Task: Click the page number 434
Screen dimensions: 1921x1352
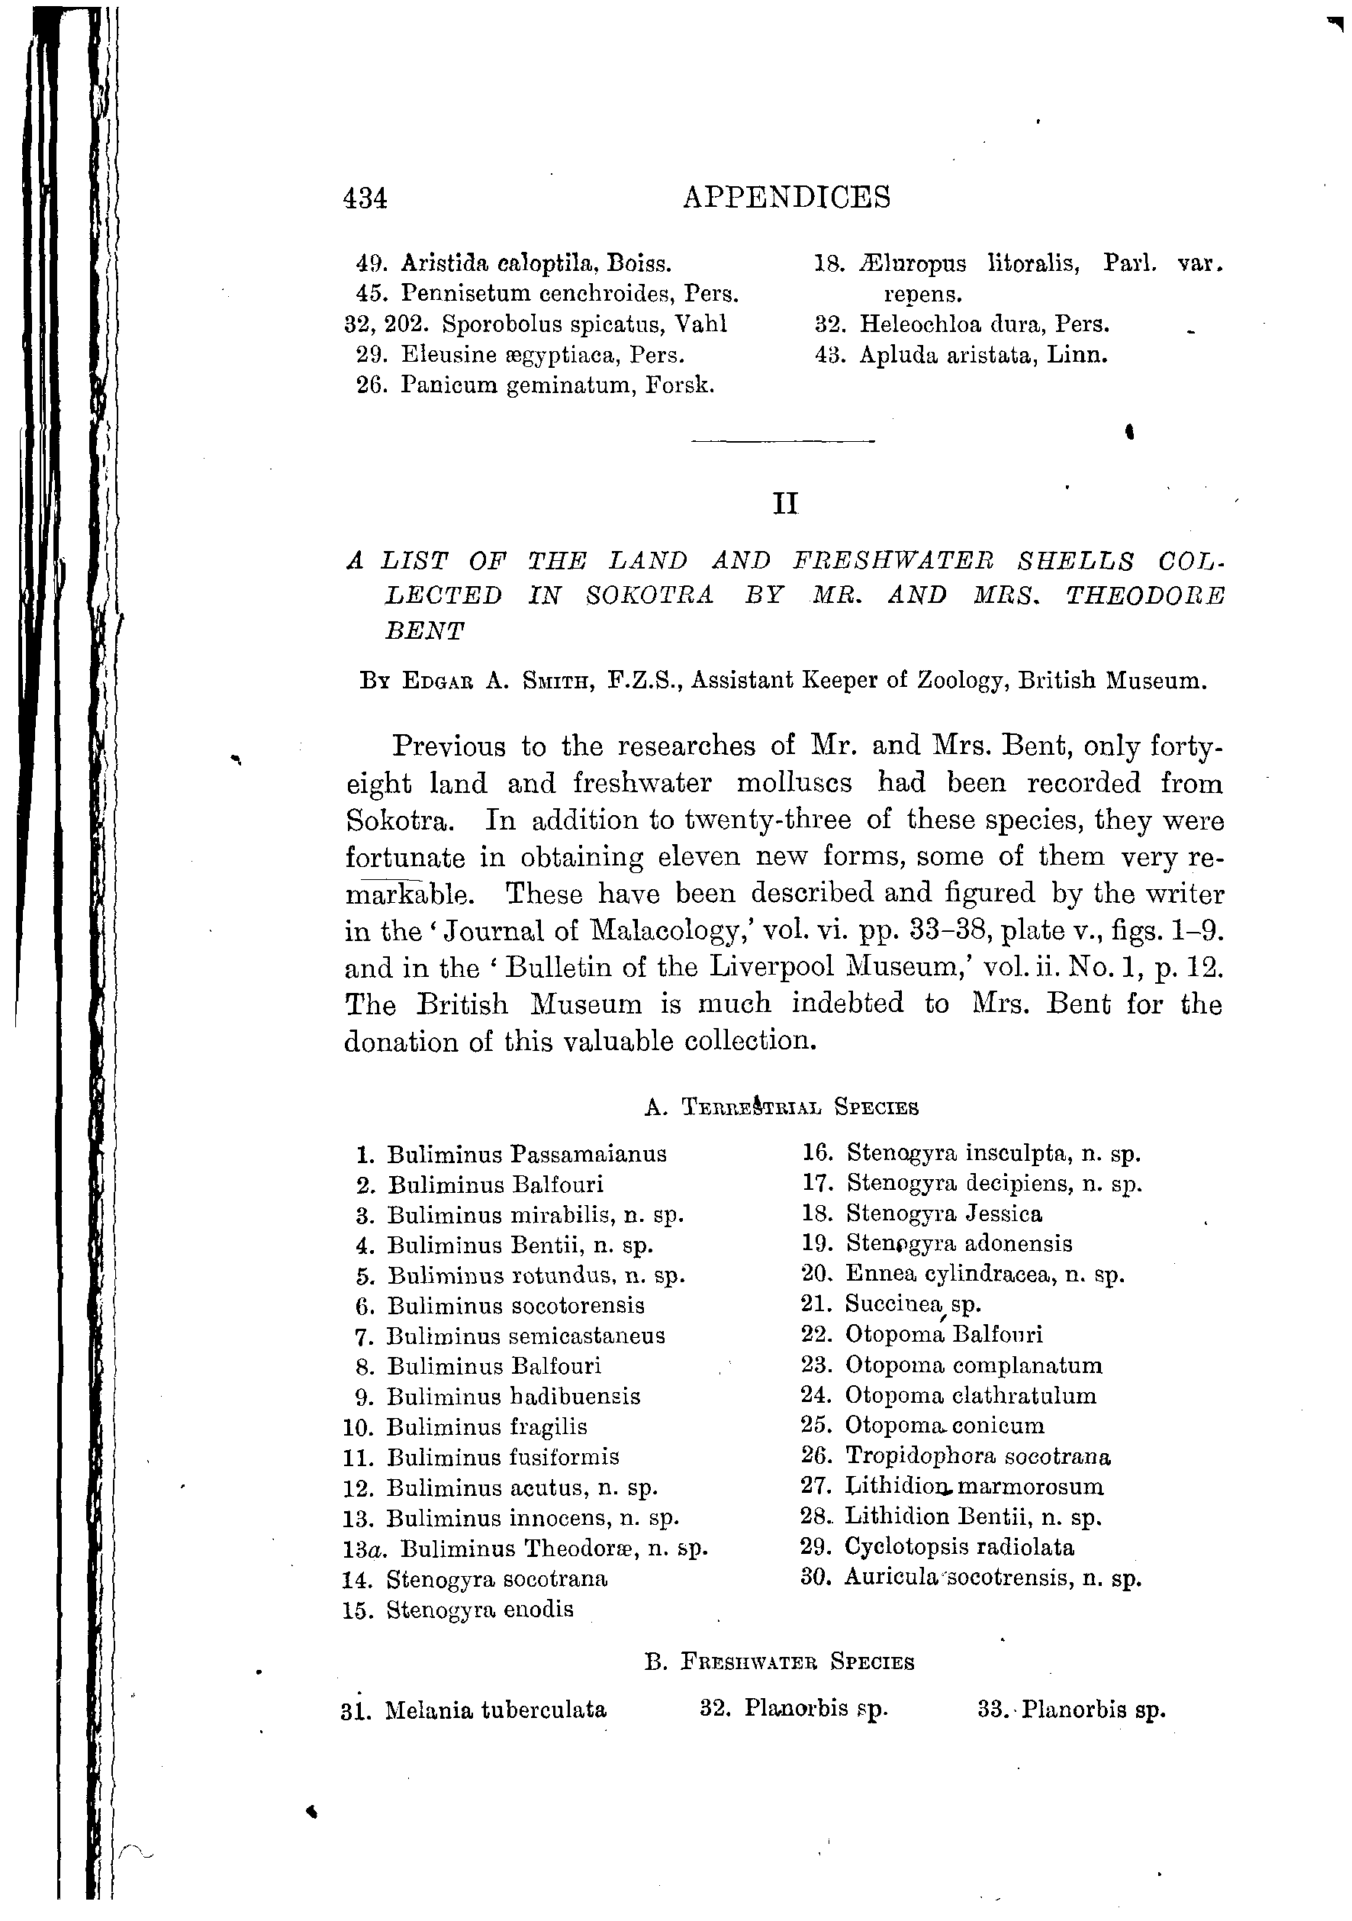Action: point(365,199)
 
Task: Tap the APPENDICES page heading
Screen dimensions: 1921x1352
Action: point(787,198)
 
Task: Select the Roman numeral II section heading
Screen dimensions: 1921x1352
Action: point(785,504)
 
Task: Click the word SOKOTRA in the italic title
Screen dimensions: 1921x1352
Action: point(649,596)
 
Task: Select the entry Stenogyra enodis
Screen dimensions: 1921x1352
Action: point(479,1610)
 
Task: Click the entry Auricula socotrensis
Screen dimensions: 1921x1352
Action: point(992,1578)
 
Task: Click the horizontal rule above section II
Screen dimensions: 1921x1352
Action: point(783,441)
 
